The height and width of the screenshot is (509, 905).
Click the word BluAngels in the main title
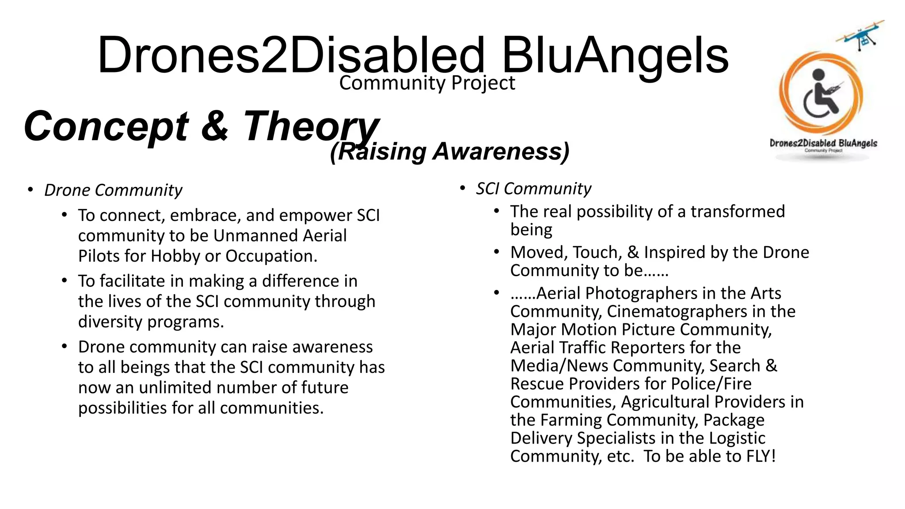click(x=615, y=56)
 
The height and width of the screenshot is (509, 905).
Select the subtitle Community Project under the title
click(x=427, y=83)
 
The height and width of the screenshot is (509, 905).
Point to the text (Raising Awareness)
click(x=449, y=152)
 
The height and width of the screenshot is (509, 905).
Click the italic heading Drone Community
click(x=113, y=190)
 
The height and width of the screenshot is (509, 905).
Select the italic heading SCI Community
click(x=533, y=189)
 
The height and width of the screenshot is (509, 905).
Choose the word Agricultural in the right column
click(x=665, y=402)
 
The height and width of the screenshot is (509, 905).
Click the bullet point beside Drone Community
click(x=30, y=190)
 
